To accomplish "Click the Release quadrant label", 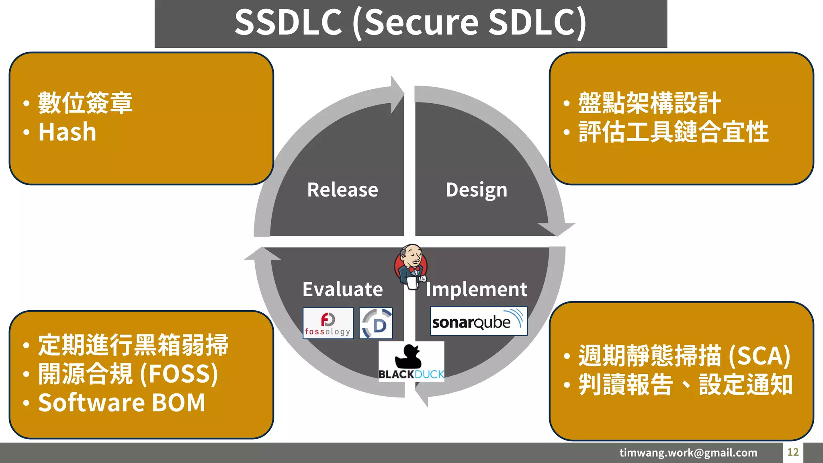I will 342,190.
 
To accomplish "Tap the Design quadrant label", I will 476,190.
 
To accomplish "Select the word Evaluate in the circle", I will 342,289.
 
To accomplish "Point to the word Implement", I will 477,289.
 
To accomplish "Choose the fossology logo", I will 328,324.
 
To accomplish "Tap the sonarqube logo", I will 478,322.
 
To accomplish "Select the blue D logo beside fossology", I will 376,324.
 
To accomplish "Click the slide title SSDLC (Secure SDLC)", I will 410,23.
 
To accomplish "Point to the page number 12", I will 792,453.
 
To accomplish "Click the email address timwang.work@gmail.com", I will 688,453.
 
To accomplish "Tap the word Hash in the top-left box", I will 68,132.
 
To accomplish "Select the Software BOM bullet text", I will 121,403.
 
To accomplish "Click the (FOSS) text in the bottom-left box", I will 179,374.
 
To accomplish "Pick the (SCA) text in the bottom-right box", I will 759,356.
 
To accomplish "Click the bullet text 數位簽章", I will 85,103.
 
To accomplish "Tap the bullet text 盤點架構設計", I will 649,103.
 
